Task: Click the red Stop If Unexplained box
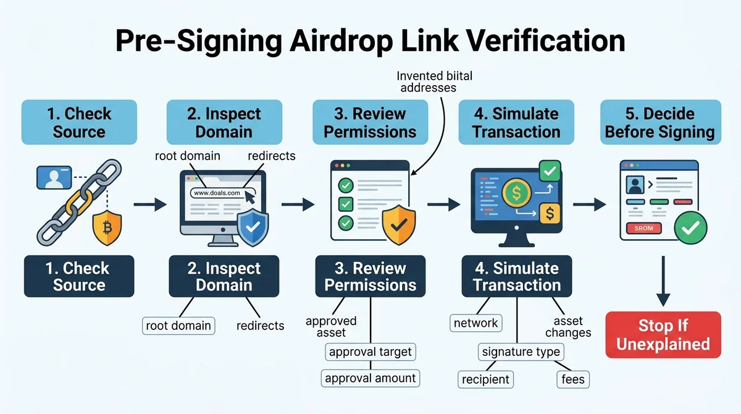coord(663,334)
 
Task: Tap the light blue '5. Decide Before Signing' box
coord(661,122)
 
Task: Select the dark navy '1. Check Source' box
coord(79,276)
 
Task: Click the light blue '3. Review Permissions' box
coord(370,122)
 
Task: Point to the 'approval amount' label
coord(370,378)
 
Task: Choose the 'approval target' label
coord(370,352)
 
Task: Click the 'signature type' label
coord(521,352)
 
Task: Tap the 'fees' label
coord(573,379)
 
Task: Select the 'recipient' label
coord(485,379)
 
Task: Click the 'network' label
coord(475,323)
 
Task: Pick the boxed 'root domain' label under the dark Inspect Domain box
coord(178,326)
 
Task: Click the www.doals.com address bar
coord(222,193)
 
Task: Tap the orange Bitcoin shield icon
coord(107,227)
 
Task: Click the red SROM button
coord(643,229)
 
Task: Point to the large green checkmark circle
coord(691,227)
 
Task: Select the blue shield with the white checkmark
coord(253,227)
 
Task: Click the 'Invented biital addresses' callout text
coord(434,82)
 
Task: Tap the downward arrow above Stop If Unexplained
coord(663,281)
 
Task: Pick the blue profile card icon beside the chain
coord(54,178)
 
